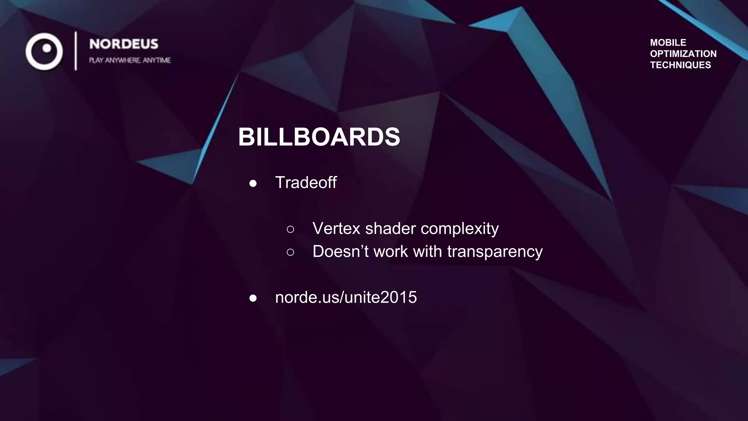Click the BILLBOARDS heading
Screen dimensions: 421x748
click(x=319, y=137)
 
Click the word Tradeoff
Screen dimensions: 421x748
click(x=306, y=182)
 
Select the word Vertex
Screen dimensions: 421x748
click(x=336, y=228)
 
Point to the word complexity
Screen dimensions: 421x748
click(x=459, y=229)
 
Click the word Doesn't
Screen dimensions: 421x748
click(x=340, y=251)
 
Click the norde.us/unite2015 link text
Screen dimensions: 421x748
click(x=346, y=297)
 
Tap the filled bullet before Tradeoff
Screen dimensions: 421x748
click(x=253, y=183)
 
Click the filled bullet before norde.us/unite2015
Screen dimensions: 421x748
click(x=253, y=298)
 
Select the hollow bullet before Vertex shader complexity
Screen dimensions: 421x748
click(x=290, y=230)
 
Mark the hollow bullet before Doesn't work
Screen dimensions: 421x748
click(x=290, y=252)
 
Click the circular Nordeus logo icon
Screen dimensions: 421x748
click(x=44, y=51)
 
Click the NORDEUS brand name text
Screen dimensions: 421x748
click(x=124, y=44)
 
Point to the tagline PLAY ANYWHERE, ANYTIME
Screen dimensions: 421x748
click(x=130, y=60)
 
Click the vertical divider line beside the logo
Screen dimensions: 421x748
click(x=76, y=51)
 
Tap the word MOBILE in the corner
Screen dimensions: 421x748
click(x=668, y=42)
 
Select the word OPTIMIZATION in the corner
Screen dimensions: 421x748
click(x=683, y=54)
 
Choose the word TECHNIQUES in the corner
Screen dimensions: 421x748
click(x=680, y=65)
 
